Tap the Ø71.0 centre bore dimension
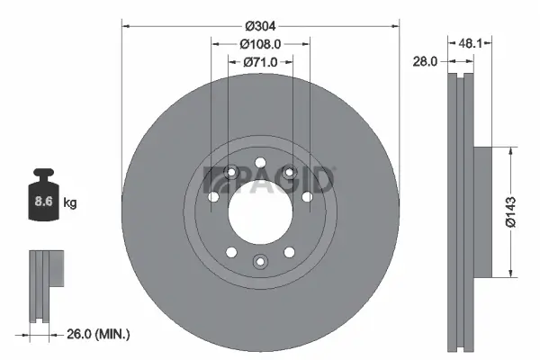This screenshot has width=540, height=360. (x=260, y=62)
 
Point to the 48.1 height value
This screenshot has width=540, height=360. (x=473, y=41)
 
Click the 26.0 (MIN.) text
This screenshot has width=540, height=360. (x=98, y=334)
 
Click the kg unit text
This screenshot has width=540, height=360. (x=70, y=203)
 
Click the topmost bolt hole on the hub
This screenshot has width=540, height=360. (x=260, y=163)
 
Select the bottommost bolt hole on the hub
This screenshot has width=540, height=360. (x=260, y=262)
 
